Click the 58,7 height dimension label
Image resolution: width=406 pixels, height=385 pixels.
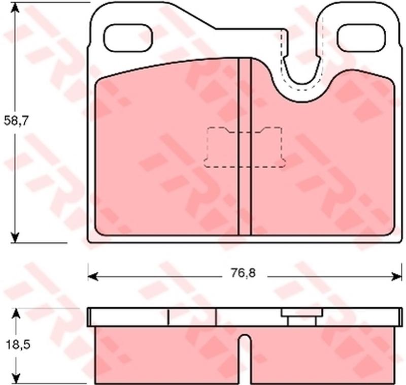click(x=16, y=121)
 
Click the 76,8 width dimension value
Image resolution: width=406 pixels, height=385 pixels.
click(x=244, y=273)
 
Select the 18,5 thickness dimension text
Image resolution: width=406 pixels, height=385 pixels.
click(x=17, y=345)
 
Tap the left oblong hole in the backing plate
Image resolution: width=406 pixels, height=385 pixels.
click(x=128, y=38)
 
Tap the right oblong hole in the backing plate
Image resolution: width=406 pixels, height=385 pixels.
click(x=361, y=38)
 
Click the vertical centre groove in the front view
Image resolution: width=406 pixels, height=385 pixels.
click(x=245, y=147)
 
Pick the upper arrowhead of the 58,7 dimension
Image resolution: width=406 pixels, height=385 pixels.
click(x=16, y=7)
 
